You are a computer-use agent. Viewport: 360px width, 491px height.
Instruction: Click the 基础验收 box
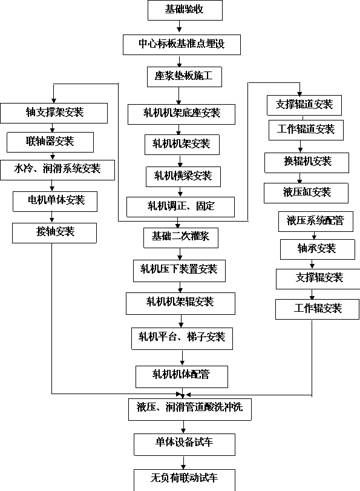tap(185, 10)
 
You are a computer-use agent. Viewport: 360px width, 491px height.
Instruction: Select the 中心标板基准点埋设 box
tap(182, 45)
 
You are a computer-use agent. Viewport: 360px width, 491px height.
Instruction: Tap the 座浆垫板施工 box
tap(185, 77)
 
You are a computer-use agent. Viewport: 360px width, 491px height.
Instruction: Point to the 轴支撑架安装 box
tap(54, 113)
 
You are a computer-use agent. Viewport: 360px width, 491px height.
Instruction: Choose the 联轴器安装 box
tap(50, 142)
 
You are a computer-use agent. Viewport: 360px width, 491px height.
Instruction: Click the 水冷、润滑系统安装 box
tap(57, 170)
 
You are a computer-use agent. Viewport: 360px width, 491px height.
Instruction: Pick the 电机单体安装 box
tap(55, 202)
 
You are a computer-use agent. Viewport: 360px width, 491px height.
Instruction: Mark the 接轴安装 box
tap(54, 233)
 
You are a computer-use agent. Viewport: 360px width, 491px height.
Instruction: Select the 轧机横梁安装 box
tap(183, 177)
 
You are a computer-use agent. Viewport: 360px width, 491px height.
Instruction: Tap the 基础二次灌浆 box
tap(181, 238)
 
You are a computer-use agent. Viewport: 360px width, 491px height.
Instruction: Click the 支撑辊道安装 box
tap(304, 105)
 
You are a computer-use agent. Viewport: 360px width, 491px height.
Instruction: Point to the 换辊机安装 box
tap(307, 163)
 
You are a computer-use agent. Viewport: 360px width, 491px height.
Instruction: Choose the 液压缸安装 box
tap(306, 193)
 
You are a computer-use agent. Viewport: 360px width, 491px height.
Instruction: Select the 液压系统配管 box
tap(316, 222)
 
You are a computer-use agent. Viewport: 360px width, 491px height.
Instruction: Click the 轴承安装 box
tap(318, 249)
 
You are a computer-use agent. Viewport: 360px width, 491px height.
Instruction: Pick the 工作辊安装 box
tap(318, 309)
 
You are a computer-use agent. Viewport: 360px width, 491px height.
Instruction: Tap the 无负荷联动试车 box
tap(185, 479)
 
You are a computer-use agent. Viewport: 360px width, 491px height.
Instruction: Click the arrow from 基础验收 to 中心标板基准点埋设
tap(179, 26)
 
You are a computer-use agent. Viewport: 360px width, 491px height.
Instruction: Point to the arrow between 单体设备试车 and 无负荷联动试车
tap(183, 462)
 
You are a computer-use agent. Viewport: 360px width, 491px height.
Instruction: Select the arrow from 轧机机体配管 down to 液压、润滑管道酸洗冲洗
tap(182, 393)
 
